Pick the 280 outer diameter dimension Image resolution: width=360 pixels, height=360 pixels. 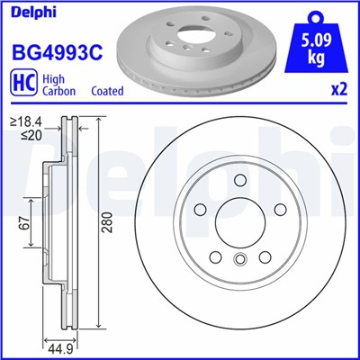[x=108, y=229]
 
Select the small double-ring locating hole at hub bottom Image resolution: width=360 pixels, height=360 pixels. [x=239, y=261]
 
